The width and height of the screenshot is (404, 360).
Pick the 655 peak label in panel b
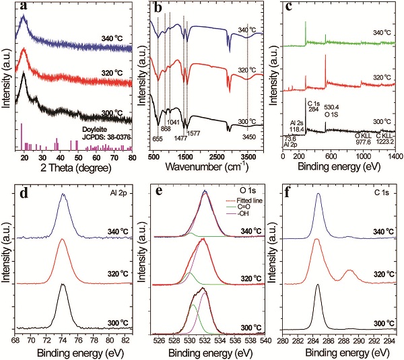coord(157,139)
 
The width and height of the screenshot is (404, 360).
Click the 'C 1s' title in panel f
coord(381,189)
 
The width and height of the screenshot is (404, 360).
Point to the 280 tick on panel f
coord(283,340)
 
